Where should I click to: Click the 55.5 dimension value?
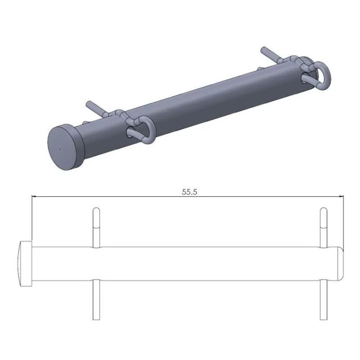[189, 192]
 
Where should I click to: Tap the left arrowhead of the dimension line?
[34, 196]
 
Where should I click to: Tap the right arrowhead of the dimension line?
[342, 196]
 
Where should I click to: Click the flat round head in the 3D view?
[66, 147]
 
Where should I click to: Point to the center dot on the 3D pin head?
[60, 149]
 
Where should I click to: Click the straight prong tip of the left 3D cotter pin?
[88, 103]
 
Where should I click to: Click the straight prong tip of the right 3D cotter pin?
[263, 49]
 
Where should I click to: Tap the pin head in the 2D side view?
[25, 264]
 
